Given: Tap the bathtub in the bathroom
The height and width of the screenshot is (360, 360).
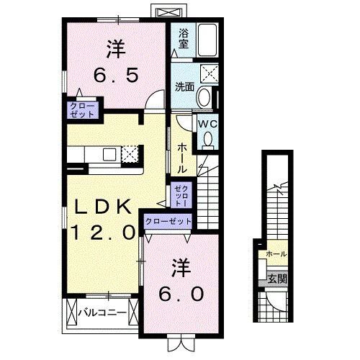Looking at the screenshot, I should click(207, 38).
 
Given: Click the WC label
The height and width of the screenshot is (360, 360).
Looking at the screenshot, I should click(207, 123).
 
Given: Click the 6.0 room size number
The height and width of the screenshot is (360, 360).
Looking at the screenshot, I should click(181, 294).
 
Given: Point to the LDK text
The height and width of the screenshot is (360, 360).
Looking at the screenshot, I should click(104, 207).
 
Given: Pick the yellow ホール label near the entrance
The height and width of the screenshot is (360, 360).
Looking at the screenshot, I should click(276, 254).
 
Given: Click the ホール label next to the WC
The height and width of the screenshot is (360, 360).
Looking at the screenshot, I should click(182, 157).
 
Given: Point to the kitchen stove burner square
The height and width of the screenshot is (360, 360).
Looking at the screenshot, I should click(130, 153).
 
